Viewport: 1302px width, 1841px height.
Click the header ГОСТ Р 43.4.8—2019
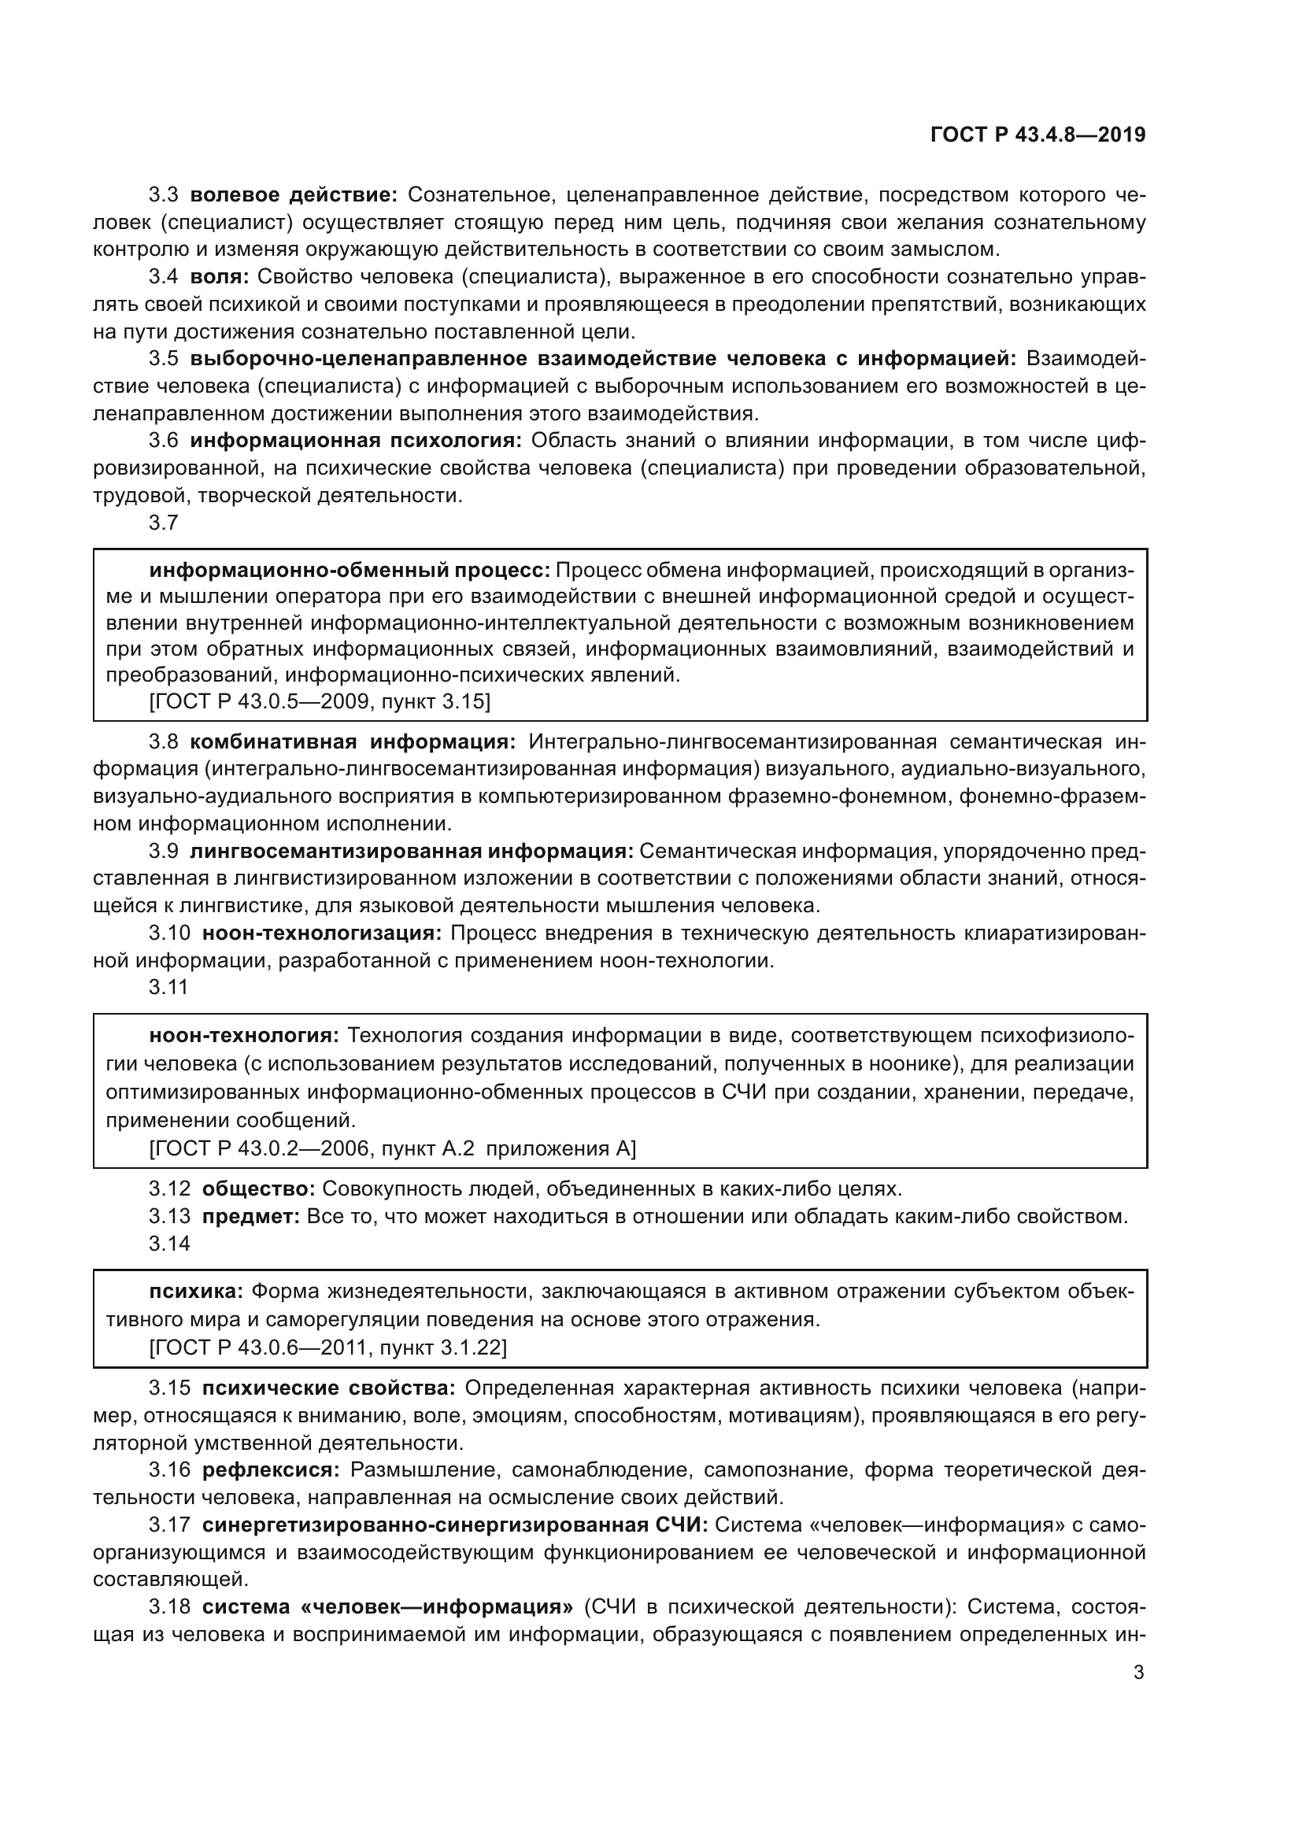[x=1038, y=135]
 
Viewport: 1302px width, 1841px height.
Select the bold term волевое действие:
[x=294, y=195]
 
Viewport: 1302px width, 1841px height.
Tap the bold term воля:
[x=220, y=276]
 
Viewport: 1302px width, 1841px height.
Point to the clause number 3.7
[x=164, y=523]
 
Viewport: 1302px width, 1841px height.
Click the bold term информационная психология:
[x=356, y=440]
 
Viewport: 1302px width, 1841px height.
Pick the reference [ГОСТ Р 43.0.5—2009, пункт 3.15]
[x=320, y=701]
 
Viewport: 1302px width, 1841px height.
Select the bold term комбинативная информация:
[x=353, y=741]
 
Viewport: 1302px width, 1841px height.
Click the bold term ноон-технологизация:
[x=321, y=933]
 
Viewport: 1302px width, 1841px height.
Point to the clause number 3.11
[x=168, y=987]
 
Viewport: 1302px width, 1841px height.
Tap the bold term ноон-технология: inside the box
[x=245, y=1035]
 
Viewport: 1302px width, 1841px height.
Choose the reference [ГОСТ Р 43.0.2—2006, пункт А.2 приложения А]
[x=392, y=1148]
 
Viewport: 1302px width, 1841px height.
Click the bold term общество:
[x=258, y=1189]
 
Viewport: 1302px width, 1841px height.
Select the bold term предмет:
[x=251, y=1215]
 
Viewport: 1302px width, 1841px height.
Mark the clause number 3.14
[x=169, y=1244]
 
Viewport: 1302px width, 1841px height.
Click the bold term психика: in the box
[x=197, y=1291]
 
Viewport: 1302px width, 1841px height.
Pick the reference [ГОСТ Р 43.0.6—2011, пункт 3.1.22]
[x=328, y=1347]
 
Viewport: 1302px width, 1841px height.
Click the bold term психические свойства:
[x=329, y=1388]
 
